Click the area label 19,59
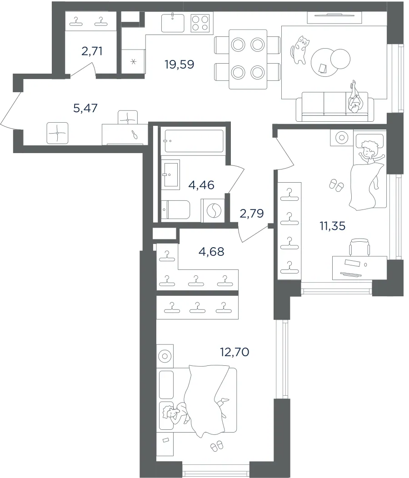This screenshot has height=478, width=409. pos(180,65)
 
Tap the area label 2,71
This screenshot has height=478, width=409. pos(92,51)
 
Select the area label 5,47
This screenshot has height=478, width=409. pos(85,108)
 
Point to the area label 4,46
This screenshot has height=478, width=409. pos(201,185)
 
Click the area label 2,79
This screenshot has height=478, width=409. pos(252,214)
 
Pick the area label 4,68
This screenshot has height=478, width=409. pos(211,252)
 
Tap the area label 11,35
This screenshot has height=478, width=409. pos(333,226)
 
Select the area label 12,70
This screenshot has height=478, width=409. pos(234,352)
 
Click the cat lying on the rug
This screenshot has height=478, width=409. pos(299,50)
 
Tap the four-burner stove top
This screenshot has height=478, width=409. pos(200,23)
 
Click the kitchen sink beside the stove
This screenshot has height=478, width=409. pos(173,23)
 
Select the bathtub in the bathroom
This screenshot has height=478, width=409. pos(194,141)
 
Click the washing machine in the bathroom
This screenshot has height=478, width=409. pos(213,209)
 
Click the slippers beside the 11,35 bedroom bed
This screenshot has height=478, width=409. pos(336,185)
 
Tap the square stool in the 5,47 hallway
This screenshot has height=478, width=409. pos(57,133)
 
